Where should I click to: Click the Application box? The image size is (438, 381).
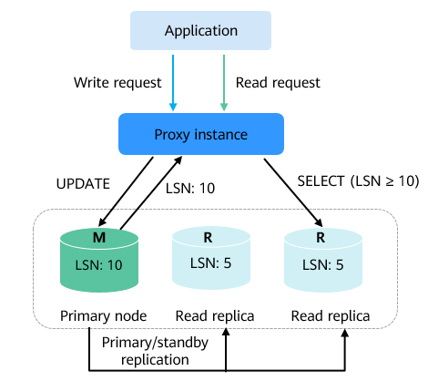200,30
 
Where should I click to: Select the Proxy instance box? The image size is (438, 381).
201,134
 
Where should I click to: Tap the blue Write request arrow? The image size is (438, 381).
173,83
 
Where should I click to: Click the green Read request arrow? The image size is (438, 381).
224,83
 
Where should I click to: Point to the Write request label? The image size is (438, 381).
117,83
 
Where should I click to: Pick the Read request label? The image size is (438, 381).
278,83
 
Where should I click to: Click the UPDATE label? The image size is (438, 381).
83,184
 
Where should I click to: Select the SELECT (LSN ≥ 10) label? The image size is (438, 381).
358,181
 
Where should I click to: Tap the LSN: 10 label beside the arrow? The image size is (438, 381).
190,189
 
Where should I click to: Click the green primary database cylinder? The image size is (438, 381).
99,260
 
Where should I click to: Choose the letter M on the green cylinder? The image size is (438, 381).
99,238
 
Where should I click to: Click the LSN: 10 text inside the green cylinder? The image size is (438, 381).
99,265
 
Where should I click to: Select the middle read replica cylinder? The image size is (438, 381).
211,259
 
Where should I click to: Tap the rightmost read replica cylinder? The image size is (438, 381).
323,260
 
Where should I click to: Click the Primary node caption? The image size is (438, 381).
104,316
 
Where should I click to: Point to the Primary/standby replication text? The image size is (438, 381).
155,351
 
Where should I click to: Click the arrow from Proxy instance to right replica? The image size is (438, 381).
293,192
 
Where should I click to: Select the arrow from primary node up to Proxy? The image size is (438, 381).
151,193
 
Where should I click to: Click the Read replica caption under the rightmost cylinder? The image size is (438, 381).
331,316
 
